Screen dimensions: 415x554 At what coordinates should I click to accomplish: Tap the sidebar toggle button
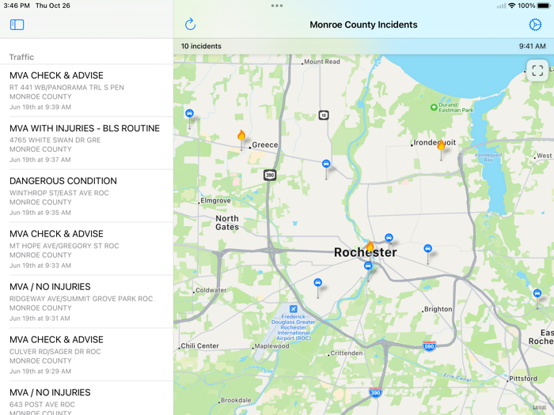click(17, 25)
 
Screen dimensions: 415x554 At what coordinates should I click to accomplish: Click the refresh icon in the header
click(190, 25)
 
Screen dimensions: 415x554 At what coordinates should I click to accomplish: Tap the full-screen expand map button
click(537, 70)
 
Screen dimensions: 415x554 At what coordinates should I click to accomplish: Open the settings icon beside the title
click(535, 25)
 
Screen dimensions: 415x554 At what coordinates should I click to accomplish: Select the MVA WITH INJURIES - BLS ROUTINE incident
click(85, 128)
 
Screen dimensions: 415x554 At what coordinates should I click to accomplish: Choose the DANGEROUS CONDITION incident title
click(63, 181)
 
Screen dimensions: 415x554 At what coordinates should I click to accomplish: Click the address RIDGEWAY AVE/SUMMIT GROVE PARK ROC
click(81, 300)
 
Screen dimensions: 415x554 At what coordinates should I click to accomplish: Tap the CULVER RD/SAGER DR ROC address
click(55, 352)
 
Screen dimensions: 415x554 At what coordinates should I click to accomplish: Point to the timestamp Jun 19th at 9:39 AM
click(40, 107)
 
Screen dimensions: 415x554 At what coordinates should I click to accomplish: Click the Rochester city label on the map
click(365, 253)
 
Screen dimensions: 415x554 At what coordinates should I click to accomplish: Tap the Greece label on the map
click(265, 145)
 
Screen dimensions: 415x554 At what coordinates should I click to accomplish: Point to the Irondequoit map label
click(434, 143)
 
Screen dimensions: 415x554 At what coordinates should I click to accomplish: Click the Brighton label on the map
click(438, 310)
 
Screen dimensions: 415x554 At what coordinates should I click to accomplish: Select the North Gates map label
click(227, 223)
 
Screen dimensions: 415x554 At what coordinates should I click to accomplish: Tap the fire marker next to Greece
click(241, 136)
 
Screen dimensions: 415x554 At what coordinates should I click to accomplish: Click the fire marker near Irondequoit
click(442, 145)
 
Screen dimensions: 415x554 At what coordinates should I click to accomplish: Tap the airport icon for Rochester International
click(294, 308)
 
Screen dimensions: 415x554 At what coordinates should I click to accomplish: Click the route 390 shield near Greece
click(270, 175)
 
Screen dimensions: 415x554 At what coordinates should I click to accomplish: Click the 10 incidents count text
click(201, 47)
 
